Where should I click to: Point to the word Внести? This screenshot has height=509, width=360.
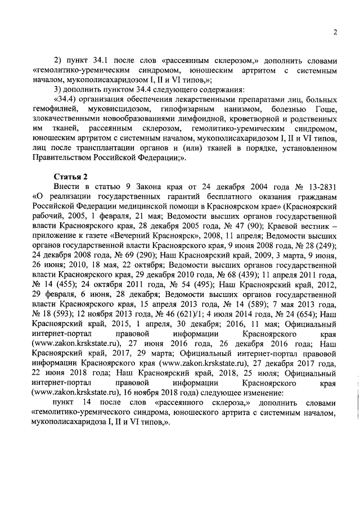point(67,186)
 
